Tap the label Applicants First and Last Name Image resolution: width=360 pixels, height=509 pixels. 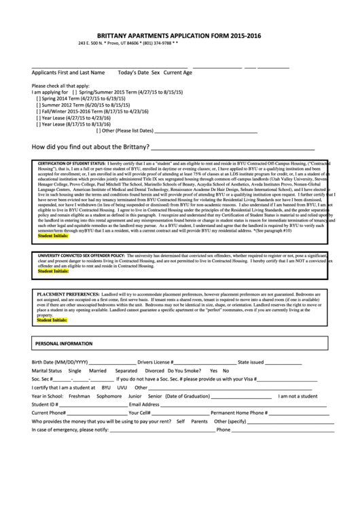tap(68, 71)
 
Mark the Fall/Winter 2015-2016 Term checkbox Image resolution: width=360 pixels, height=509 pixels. tap(37, 111)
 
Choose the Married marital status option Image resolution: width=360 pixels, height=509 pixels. tap(98, 371)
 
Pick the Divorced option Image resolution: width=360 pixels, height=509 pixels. tap(154, 371)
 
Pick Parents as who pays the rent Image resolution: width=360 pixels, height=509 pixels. tap(199, 421)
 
